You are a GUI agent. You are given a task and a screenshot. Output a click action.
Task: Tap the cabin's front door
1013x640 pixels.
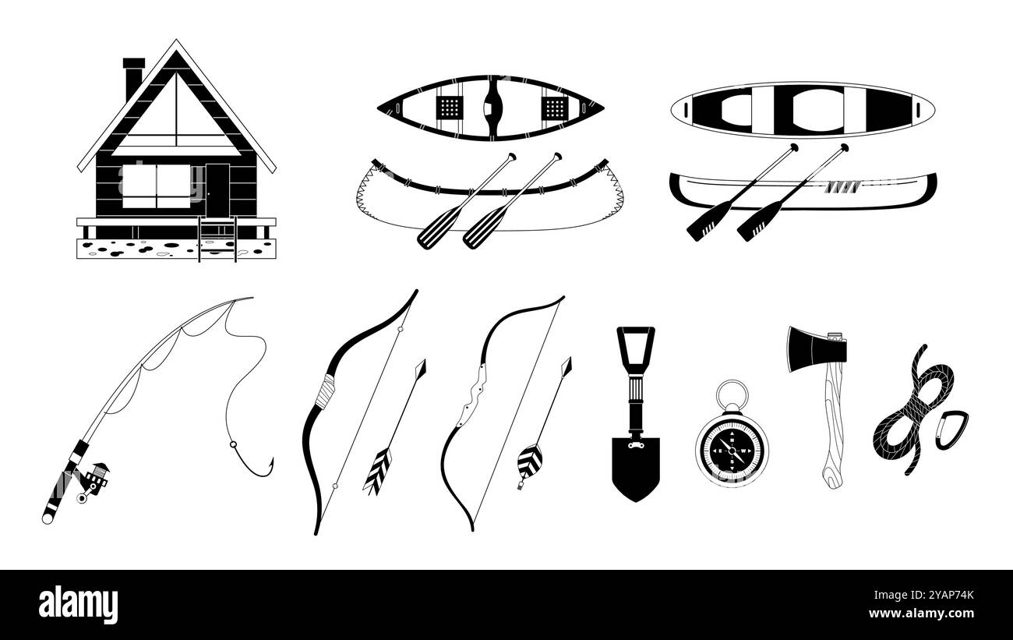(x=217, y=190)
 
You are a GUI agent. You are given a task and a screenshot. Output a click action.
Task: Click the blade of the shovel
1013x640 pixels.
(x=635, y=469)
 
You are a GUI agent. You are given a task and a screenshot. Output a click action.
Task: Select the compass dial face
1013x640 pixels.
(x=732, y=451)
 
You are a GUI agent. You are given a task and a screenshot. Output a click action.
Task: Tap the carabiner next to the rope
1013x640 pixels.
(x=951, y=430)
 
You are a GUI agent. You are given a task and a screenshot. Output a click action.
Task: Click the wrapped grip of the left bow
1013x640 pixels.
(x=326, y=391)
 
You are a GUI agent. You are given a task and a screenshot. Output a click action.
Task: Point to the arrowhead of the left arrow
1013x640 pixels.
(x=421, y=369)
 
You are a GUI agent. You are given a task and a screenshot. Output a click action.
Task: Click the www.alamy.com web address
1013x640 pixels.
(x=921, y=613)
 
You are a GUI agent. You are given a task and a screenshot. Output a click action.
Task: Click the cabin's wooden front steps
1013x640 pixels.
(x=217, y=239)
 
